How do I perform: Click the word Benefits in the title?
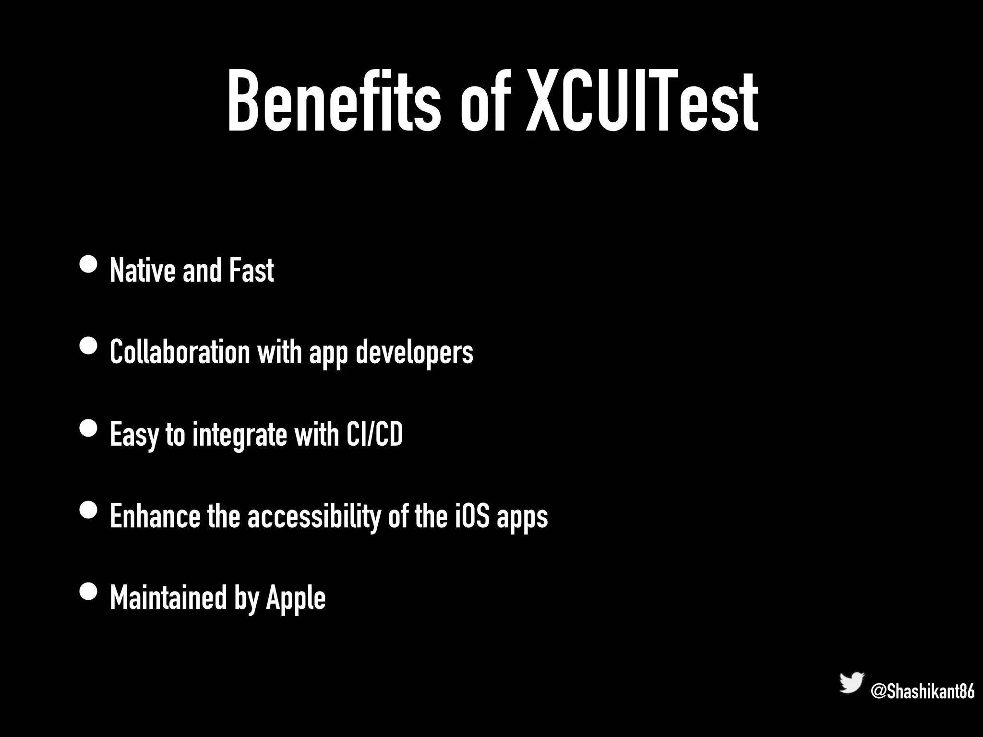coord(334,102)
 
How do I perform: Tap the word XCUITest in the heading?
coord(642,102)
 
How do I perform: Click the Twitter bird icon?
coord(851,683)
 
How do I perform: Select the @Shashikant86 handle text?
coord(922,692)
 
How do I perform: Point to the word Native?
coord(142,271)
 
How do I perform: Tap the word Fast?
coord(251,271)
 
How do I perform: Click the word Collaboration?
coord(180,352)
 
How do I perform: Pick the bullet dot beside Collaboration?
coord(88,345)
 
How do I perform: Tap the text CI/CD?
coord(374,434)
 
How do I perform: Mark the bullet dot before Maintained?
coord(88,591)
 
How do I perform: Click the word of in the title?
coord(483,102)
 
